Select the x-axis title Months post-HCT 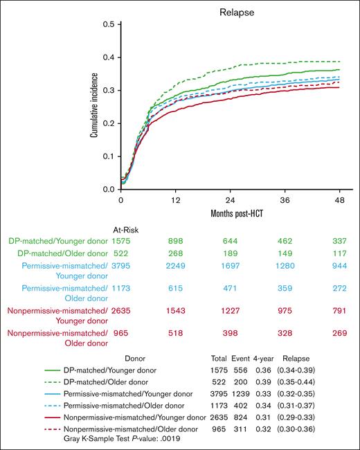tap(230, 213)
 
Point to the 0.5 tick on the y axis tap(108, 24)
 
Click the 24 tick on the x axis tap(230, 199)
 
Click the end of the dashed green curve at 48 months tap(339, 62)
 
